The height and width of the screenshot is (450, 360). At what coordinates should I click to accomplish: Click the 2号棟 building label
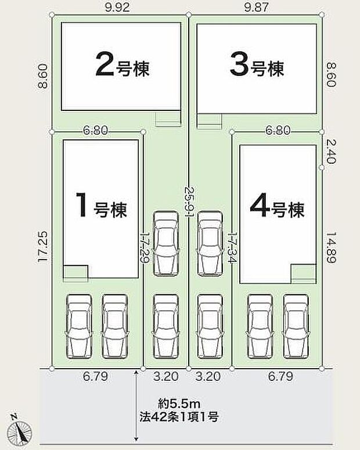tap(122, 66)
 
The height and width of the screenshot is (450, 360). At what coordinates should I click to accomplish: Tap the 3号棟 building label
tap(257, 66)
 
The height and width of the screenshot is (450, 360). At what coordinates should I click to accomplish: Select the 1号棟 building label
tap(102, 206)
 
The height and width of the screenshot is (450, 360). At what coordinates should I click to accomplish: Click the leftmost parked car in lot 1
tap(79, 326)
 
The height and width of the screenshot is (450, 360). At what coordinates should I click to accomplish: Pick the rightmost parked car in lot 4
tap(297, 326)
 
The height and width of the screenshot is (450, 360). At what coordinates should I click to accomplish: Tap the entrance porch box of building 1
tap(75, 272)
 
